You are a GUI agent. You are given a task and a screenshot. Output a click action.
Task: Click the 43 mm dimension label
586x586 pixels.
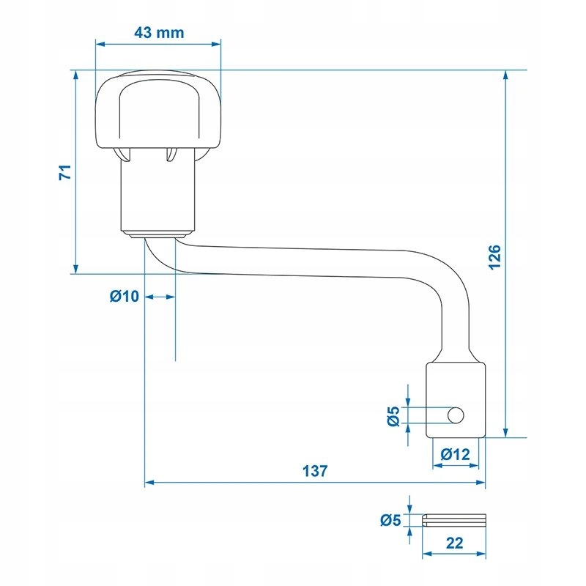[x=159, y=33]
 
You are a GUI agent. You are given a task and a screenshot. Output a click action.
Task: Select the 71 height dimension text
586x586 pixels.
[x=65, y=172]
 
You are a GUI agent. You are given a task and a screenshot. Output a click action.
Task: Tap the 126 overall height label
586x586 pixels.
[x=494, y=257]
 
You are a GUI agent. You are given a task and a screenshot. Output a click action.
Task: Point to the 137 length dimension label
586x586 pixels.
[x=315, y=471]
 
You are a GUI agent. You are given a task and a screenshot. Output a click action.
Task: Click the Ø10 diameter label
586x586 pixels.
[x=124, y=297]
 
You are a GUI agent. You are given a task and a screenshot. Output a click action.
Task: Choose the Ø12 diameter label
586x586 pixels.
[x=455, y=454]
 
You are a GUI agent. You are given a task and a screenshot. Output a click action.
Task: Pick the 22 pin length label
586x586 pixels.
[x=454, y=543]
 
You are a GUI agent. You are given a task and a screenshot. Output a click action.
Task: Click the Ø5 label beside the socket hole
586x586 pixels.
[x=393, y=416]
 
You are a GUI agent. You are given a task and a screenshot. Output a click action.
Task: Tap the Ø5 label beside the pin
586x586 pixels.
[x=390, y=520]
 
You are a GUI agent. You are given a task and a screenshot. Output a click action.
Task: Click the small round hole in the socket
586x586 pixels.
[x=456, y=415]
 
